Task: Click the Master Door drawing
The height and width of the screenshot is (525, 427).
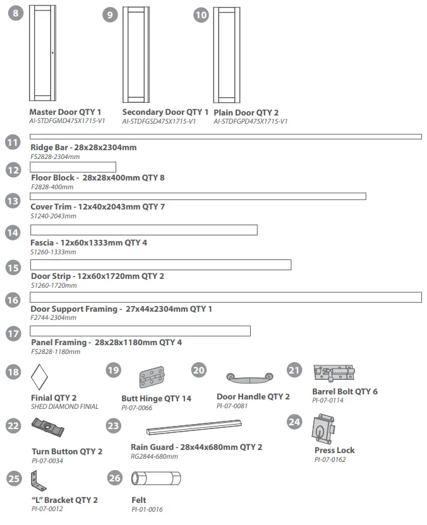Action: coord(42,55)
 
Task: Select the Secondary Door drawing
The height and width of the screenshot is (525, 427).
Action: coord(136,55)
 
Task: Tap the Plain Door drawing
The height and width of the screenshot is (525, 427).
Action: coord(227,55)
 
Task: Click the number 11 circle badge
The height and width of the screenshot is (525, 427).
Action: coord(13,142)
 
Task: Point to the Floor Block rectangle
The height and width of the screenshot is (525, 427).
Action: coord(73,167)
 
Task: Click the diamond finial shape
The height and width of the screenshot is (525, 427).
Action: coord(40,378)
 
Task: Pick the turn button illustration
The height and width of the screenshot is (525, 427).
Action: coord(49,432)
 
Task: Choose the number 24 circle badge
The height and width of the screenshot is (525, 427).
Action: coord(294,422)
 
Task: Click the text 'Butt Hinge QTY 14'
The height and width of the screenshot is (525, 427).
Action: coord(156,399)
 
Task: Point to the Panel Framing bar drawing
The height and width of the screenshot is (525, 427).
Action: coord(140,331)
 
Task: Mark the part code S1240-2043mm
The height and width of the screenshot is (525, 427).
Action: coord(54,216)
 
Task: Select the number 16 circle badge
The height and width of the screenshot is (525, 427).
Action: coord(13,300)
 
